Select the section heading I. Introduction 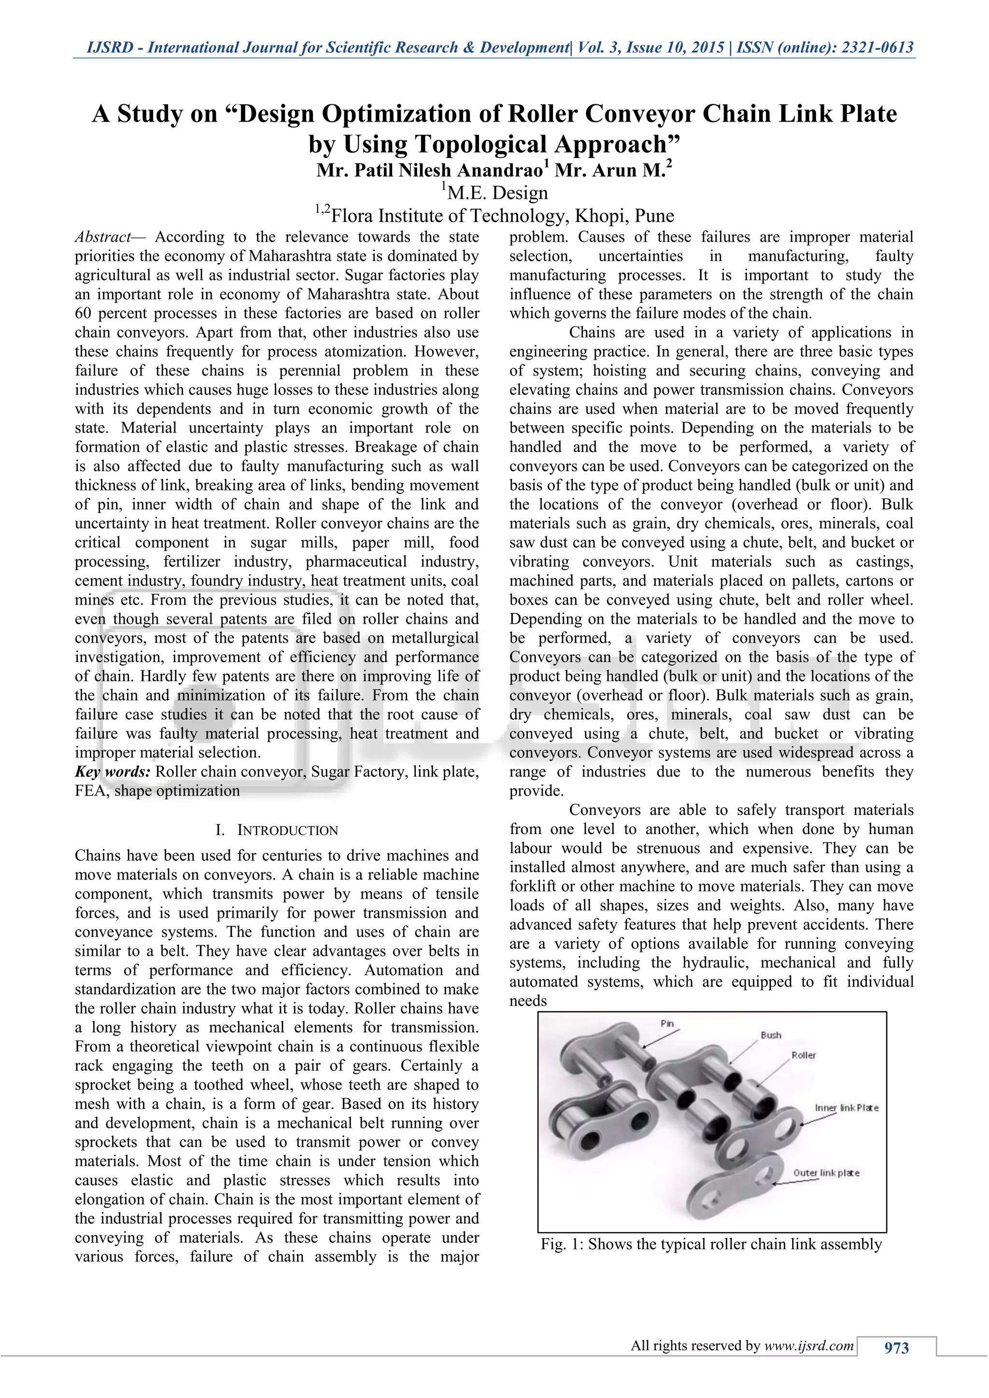pos(277,830)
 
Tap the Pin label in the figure pos(667,1023)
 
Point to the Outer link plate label pos(826,1173)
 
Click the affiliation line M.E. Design pos(496,193)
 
